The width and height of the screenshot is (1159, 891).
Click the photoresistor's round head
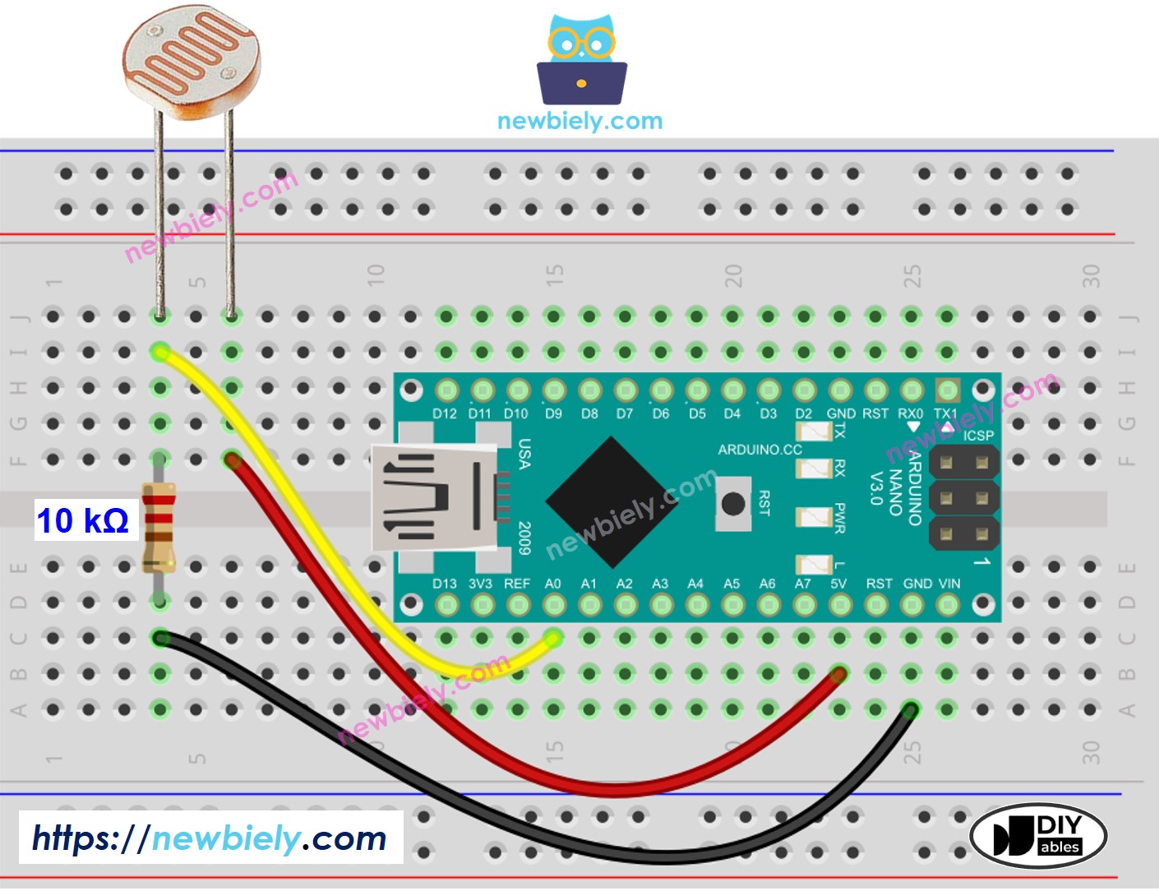coord(192,67)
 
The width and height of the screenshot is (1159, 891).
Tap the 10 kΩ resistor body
coord(159,526)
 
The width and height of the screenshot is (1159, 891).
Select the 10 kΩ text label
coord(82,521)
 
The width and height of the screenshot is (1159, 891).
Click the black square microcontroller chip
coord(612,501)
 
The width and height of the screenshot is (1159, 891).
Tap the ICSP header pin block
coord(963,498)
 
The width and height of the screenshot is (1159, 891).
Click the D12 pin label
coord(445,413)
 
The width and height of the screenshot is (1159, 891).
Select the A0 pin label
coord(553,584)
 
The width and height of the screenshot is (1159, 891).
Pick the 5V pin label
coord(838,584)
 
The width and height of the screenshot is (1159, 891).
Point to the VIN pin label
coord(949,584)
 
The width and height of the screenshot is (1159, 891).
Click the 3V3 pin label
coord(480,584)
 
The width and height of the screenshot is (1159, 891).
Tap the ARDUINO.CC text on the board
coord(760,450)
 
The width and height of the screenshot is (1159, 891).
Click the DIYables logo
coord(1038,835)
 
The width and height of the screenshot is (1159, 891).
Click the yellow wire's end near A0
coord(553,638)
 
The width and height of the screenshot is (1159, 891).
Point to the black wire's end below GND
coord(910,710)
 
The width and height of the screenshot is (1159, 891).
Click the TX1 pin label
coord(945,413)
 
